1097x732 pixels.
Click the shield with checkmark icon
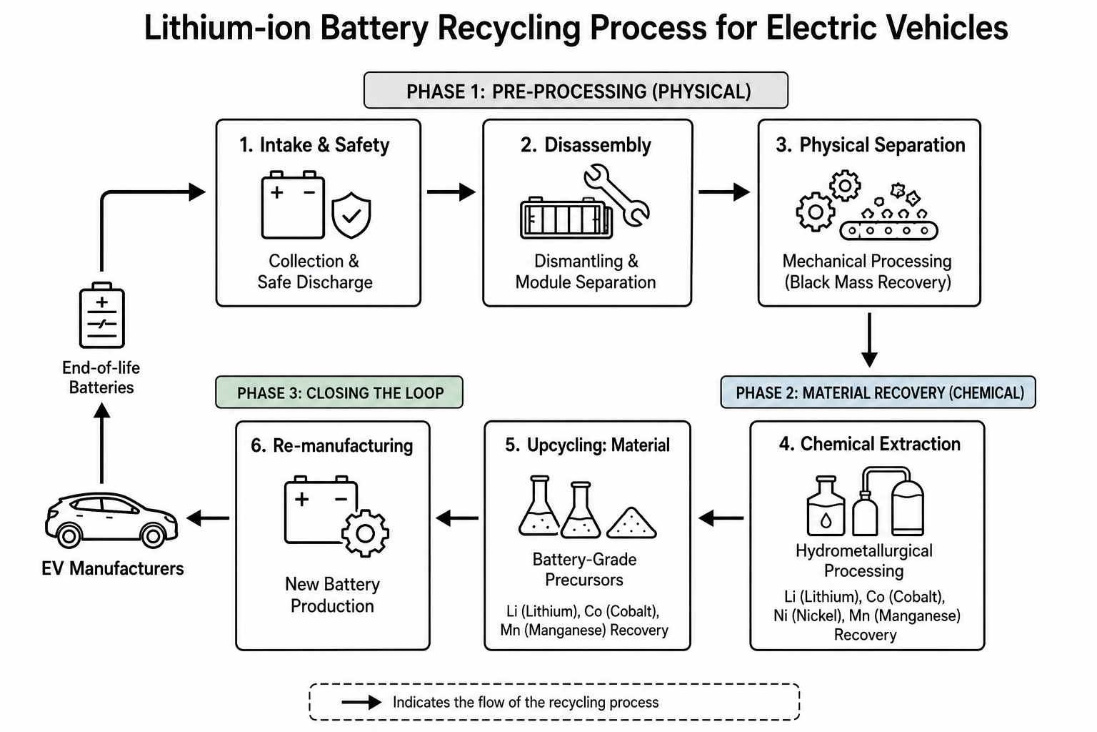pos(351,215)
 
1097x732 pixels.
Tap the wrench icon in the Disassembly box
pos(616,195)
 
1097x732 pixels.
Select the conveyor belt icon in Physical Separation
pos(888,230)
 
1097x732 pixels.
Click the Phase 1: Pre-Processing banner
pos(576,91)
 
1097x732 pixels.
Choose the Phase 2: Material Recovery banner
pos(878,392)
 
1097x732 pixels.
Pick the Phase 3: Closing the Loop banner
pos(339,392)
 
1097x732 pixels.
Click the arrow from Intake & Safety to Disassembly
pos(451,192)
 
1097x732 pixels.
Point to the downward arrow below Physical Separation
pos(869,340)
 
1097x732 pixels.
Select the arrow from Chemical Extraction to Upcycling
pos(721,518)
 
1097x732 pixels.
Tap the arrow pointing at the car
pos(208,518)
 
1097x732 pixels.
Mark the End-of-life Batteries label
pos(101,377)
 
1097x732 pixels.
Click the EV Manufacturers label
pos(113,568)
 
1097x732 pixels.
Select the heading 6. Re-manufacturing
pos(332,445)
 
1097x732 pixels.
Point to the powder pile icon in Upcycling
pos(632,523)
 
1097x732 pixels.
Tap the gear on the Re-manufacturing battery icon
pos(366,533)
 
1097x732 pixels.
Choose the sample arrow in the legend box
pos(361,703)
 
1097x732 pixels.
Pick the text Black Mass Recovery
pos(868,282)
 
